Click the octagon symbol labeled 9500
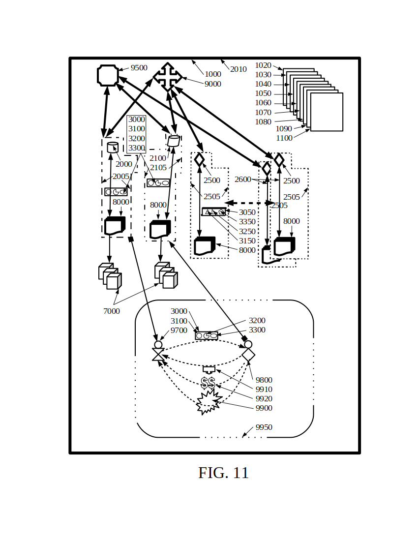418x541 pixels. tap(108, 75)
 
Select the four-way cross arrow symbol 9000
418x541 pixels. tap(168, 77)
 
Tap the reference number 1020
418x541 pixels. tap(263, 65)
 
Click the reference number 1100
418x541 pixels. tap(284, 138)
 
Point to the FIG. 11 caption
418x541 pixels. tap(223, 473)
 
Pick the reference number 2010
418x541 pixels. tap(239, 69)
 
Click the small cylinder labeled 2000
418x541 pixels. tap(113, 147)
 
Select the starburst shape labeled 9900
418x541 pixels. tap(208, 402)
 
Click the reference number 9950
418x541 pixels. tap(264, 427)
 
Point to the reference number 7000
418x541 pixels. tap(112, 311)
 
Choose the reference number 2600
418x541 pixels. tap(242, 180)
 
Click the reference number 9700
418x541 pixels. tap(179, 331)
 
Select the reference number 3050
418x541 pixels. tap(247, 212)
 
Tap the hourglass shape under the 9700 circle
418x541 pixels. tap(158, 355)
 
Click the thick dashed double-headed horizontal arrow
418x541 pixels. tap(249, 203)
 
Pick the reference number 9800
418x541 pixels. tap(264, 380)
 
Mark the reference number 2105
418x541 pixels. tap(158, 168)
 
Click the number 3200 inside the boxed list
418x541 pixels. tap(136, 139)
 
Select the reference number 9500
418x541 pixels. tap(139, 68)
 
